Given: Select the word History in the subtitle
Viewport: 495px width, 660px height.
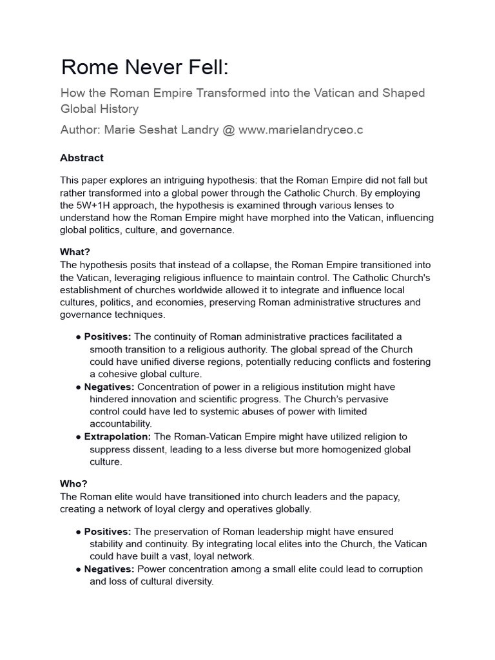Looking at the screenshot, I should click(x=117, y=109).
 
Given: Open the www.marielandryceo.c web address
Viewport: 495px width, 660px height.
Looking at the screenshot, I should click(x=300, y=130).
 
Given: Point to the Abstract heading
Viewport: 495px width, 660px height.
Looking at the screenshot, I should click(x=82, y=158).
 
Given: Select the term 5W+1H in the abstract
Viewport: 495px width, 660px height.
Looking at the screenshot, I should click(x=80, y=205).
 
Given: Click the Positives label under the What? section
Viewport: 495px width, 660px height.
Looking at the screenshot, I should click(x=108, y=337).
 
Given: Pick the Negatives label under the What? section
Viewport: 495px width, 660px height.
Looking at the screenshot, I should click(x=109, y=387).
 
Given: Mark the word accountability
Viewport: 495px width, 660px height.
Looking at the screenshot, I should click(x=121, y=423).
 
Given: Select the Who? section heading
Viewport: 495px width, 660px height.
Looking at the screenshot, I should click(x=73, y=483).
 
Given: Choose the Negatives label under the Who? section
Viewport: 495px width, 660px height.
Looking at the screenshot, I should click(x=109, y=569).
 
